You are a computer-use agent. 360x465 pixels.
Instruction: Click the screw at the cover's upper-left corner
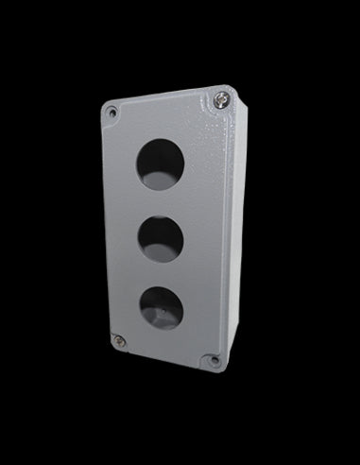[112, 112]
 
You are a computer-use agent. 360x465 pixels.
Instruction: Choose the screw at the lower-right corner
[214, 359]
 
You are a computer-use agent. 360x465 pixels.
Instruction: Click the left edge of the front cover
[105, 227]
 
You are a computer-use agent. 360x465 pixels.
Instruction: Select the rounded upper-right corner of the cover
[228, 90]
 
